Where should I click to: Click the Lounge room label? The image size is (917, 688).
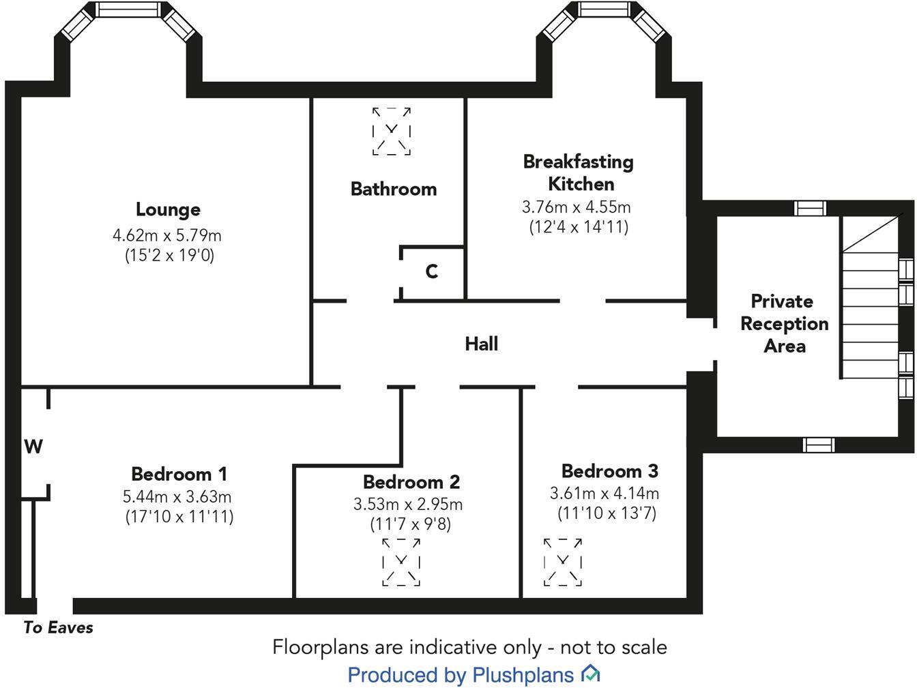tap(168, 210)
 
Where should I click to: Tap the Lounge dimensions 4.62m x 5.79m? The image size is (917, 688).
tap(167, 236)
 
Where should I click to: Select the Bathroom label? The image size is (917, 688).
tap(394, 190)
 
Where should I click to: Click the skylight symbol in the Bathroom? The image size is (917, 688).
tap(392, 131)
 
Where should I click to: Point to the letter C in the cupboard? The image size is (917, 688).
tap(431, 272)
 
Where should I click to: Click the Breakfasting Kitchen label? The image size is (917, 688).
tap(579, 173)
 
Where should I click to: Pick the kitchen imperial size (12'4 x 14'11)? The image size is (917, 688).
tap(579, 227)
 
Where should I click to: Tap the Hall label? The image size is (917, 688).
tap(482, 344)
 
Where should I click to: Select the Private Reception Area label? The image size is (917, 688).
tap(784, 324)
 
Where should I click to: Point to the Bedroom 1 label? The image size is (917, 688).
tap(179, 474)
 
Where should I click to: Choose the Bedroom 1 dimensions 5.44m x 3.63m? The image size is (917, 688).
tap(179, 497)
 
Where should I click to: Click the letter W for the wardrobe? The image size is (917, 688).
tap(33, 447)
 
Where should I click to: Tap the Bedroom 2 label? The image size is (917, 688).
tap(411, 482)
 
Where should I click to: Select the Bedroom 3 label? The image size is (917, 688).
tap(609, 471)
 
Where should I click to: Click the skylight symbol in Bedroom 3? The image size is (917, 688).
tap(563, 562)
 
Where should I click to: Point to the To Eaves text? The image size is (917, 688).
tap(58, 628)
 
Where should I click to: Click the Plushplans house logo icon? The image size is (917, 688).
tap(590, 674)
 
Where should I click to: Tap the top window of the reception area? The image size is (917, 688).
tap(811, 208)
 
